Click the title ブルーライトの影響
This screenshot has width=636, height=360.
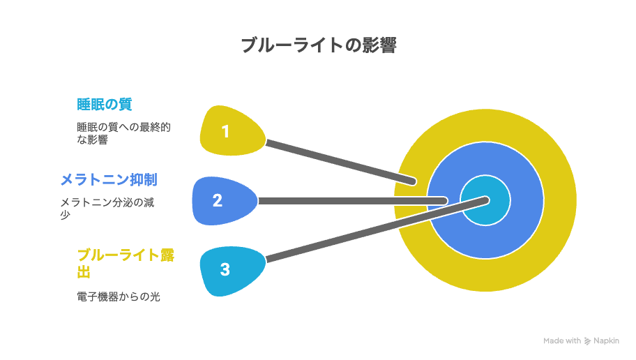(x=319, y=45)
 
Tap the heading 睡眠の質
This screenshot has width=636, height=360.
(x=104, y=105)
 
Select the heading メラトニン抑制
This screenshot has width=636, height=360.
(x=109, y=180)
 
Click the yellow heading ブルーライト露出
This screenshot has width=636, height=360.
(x=126, y=263)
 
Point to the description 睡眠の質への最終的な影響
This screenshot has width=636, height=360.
(x=123, y=133)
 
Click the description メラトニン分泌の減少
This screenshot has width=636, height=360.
(x=107, y=208)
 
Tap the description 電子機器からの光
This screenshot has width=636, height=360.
(x=119, y=297)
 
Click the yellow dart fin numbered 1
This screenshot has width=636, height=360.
(x=232, y=130)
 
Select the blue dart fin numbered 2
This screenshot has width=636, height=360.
(x=225, y=200)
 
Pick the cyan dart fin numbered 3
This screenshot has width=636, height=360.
(x=232, y=271)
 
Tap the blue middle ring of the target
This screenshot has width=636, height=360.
(x=523, y=200)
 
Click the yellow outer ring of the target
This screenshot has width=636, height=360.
(x=560, y=200)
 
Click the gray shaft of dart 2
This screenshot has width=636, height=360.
(x=353, y=201)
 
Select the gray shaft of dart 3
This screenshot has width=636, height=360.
(x=377, y=230)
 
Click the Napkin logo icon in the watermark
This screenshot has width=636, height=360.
(x=587, y=341)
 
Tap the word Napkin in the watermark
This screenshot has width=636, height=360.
(x=607, y=341)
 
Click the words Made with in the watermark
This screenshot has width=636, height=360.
(x=562, y=341)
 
